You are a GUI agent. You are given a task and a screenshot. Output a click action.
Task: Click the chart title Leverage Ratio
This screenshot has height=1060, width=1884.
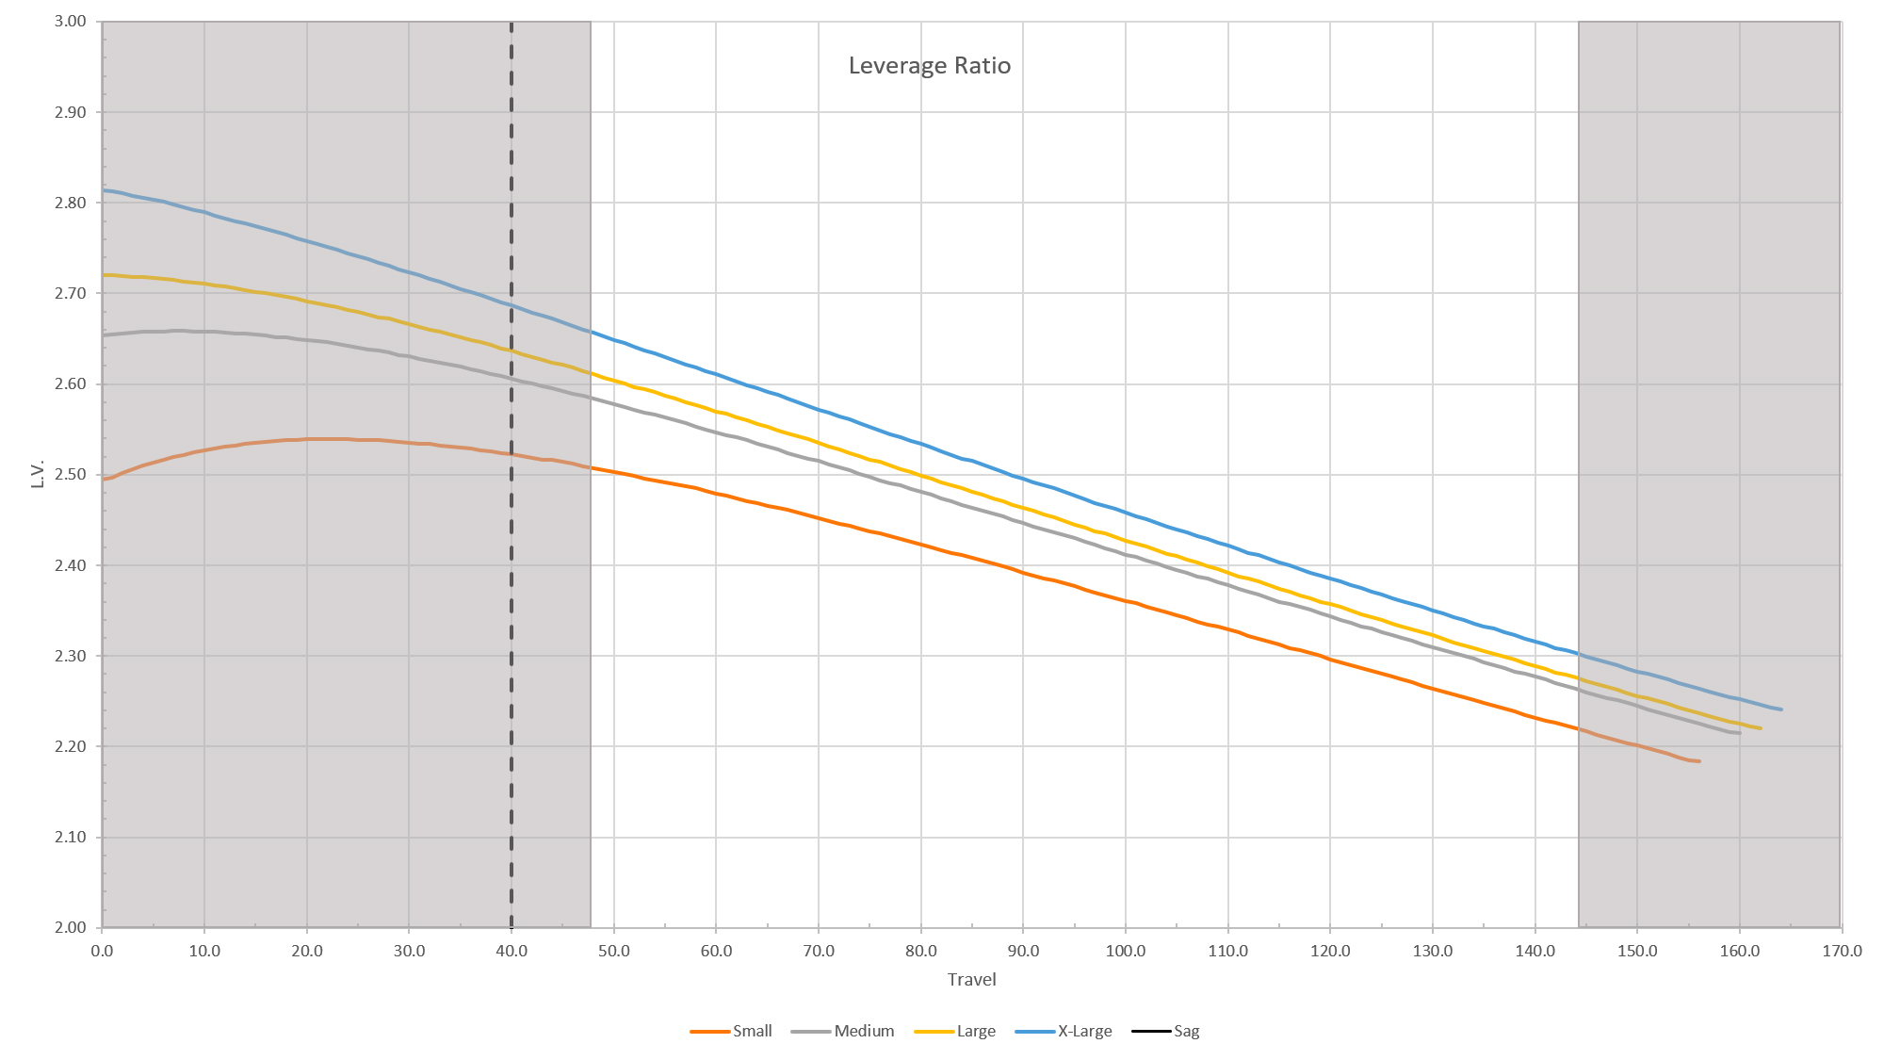(929, 66)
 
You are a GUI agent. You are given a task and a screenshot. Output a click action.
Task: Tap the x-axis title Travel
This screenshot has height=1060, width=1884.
(971, 980)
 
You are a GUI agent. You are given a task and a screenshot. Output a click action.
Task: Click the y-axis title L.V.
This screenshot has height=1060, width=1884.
(38, 474)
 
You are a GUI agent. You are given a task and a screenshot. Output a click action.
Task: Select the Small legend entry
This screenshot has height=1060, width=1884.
(752, 1031)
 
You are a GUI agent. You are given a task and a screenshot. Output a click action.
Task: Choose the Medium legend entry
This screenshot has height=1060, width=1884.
(863, 1031)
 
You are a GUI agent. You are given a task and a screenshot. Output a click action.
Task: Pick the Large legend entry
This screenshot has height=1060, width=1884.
(975, 1031)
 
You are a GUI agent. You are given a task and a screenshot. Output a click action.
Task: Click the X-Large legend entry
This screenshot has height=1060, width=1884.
(1084, 1031)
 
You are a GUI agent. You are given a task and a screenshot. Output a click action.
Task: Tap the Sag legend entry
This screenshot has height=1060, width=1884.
(1186, 1031)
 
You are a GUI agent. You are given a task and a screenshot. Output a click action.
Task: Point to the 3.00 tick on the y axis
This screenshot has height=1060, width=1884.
(71, 22)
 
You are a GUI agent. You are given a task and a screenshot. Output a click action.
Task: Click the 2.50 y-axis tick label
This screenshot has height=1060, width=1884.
(71, 475)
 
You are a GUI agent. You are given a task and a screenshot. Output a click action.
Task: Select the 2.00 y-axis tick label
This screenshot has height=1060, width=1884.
(71, 928)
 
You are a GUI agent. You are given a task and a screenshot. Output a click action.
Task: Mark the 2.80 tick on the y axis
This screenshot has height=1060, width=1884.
(71, 203)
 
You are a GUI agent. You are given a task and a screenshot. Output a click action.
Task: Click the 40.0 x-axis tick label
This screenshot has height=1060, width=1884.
(512, 951)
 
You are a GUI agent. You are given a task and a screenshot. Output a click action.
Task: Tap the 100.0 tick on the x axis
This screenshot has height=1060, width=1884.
(1126, 951)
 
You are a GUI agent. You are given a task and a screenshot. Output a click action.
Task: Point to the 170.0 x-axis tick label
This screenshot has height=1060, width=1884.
(1842, 951)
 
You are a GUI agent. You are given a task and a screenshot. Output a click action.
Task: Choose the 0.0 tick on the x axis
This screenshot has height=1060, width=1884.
(102, 951)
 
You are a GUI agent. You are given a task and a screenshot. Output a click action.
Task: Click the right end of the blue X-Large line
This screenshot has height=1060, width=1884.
(1780, 709)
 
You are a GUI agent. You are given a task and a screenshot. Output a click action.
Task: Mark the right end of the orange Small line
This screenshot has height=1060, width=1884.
(1698, 761)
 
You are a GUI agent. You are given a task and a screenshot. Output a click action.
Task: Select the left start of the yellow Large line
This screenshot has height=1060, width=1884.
(104, 275)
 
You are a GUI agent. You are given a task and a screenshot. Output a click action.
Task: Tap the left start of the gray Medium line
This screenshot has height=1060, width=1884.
(104, 334)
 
